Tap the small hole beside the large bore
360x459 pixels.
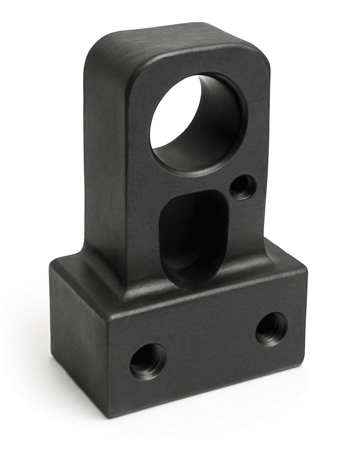coord(243,186)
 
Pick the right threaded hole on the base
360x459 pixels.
coord(272,328)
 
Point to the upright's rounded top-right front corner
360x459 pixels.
coord(258,58)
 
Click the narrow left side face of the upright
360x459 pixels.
coord(105,158)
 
